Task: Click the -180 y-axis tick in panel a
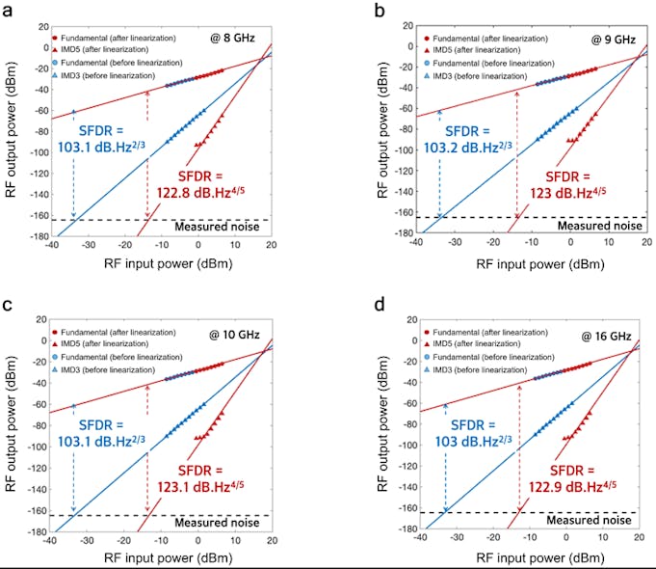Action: pos(32,237)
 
